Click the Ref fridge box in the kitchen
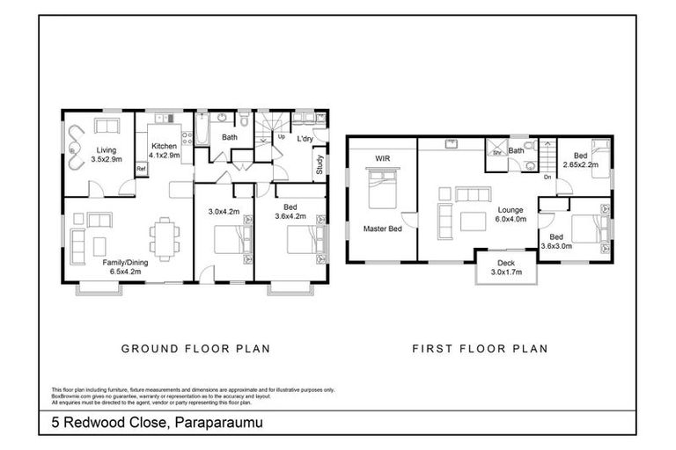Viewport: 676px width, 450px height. coord(141,169)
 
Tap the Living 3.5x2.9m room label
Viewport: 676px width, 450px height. coord(106,155)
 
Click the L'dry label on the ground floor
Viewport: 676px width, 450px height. coord(305,139)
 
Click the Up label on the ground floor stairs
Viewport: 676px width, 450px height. coord(282,137)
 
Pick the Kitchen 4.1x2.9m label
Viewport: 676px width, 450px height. coord(165,150)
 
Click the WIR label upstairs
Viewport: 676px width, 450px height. coord(382,158)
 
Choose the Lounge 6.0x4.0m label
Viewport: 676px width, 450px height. coord(511,214)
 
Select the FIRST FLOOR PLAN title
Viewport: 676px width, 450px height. coord(480,349)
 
